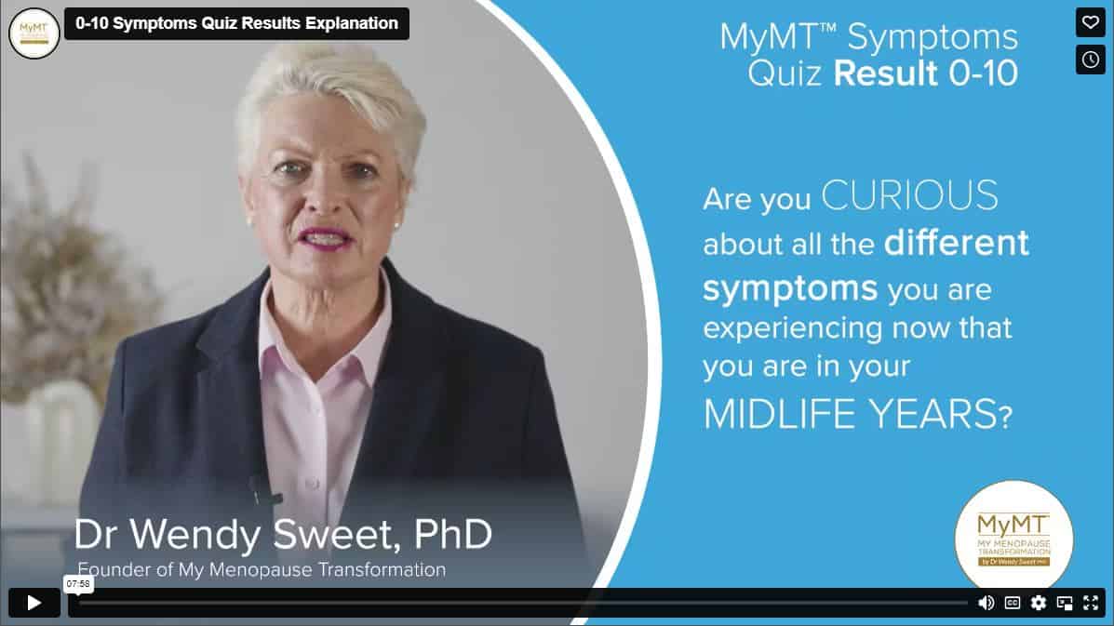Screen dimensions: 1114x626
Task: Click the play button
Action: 34,603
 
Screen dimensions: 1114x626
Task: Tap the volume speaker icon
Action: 986,603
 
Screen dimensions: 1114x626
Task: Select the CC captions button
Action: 1013,603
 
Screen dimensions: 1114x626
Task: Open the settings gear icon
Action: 1039,603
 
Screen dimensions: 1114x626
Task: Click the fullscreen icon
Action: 1091,603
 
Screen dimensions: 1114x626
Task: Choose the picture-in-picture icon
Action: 1065,604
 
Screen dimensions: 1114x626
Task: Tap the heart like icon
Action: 1091,22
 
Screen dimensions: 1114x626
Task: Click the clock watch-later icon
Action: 1091,60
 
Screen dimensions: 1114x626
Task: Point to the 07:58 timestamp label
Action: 78,583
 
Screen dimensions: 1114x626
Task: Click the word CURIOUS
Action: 909,195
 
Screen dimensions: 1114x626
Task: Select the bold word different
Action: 957,243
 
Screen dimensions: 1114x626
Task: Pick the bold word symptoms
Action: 790,289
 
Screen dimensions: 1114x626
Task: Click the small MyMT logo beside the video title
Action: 34,33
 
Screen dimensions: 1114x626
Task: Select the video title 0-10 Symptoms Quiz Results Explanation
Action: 236,23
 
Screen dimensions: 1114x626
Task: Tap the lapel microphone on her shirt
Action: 262,490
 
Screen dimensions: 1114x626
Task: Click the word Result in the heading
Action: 885,73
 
